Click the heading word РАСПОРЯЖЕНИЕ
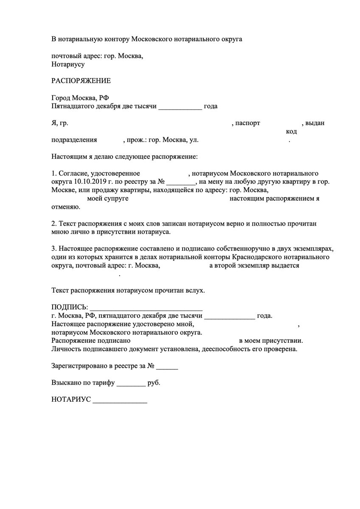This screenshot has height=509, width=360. (x=81, y=81)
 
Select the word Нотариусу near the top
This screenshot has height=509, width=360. (x=68, y=64)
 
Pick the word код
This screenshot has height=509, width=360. (x=291, y=131)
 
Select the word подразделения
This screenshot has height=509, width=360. (x=74, y=140)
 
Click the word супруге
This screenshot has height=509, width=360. (x=113, y=199)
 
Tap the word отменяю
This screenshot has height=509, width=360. (x=65, y=207)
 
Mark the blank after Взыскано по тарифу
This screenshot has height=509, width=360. (x=130, y=383)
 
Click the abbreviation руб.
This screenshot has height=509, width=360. (x=154, y=383)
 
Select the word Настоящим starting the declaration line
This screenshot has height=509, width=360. (x=68, y=157)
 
